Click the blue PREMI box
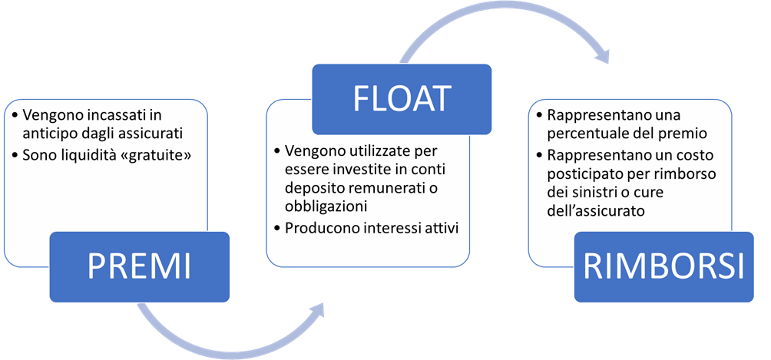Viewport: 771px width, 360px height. pos(139,266)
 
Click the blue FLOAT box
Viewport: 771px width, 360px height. pos(402,97)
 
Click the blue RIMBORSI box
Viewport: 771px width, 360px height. pos(663,266)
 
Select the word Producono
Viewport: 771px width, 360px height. pos(318,228)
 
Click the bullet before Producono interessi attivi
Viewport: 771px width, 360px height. pos(277,228)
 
